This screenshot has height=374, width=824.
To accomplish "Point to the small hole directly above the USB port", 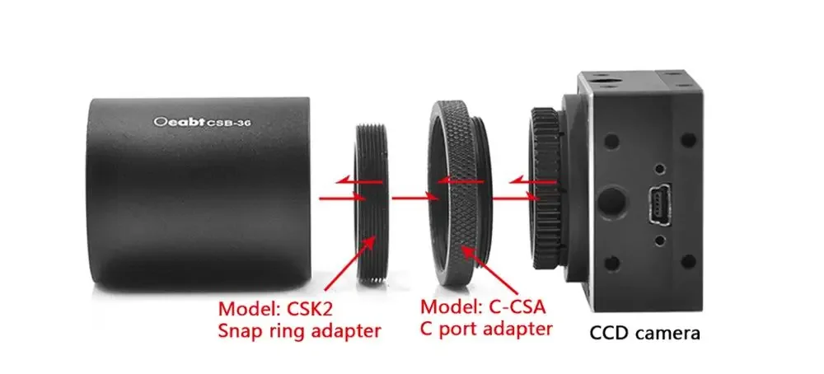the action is (x=661, y=168).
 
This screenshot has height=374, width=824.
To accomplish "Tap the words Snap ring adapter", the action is (x=299, y=331).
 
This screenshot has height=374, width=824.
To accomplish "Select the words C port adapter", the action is (x=485, y=330).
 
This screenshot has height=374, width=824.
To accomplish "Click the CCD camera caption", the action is (x=645, y=334).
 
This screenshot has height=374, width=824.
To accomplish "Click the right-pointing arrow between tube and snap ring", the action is (x=338, y=198).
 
